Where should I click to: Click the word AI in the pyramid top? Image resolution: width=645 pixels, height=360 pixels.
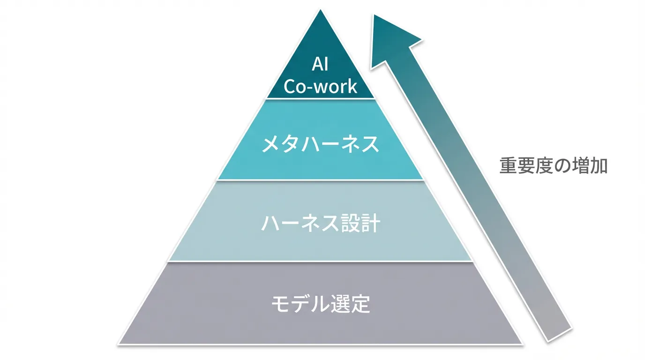point(320,65)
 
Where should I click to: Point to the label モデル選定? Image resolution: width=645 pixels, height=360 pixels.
point(321,304)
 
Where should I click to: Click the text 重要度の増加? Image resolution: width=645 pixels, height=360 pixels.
point(553,166)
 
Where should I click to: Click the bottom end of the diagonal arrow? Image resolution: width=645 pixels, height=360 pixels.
point(559,332)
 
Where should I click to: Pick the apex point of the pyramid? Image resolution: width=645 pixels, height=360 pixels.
point(321,10)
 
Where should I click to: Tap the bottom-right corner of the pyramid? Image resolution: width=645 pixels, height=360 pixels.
point(522,344)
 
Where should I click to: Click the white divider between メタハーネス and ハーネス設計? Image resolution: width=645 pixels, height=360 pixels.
point(320,180)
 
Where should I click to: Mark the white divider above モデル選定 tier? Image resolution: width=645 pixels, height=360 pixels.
point(320,262)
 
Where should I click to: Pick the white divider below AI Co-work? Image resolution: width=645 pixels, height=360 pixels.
point(320,98)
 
